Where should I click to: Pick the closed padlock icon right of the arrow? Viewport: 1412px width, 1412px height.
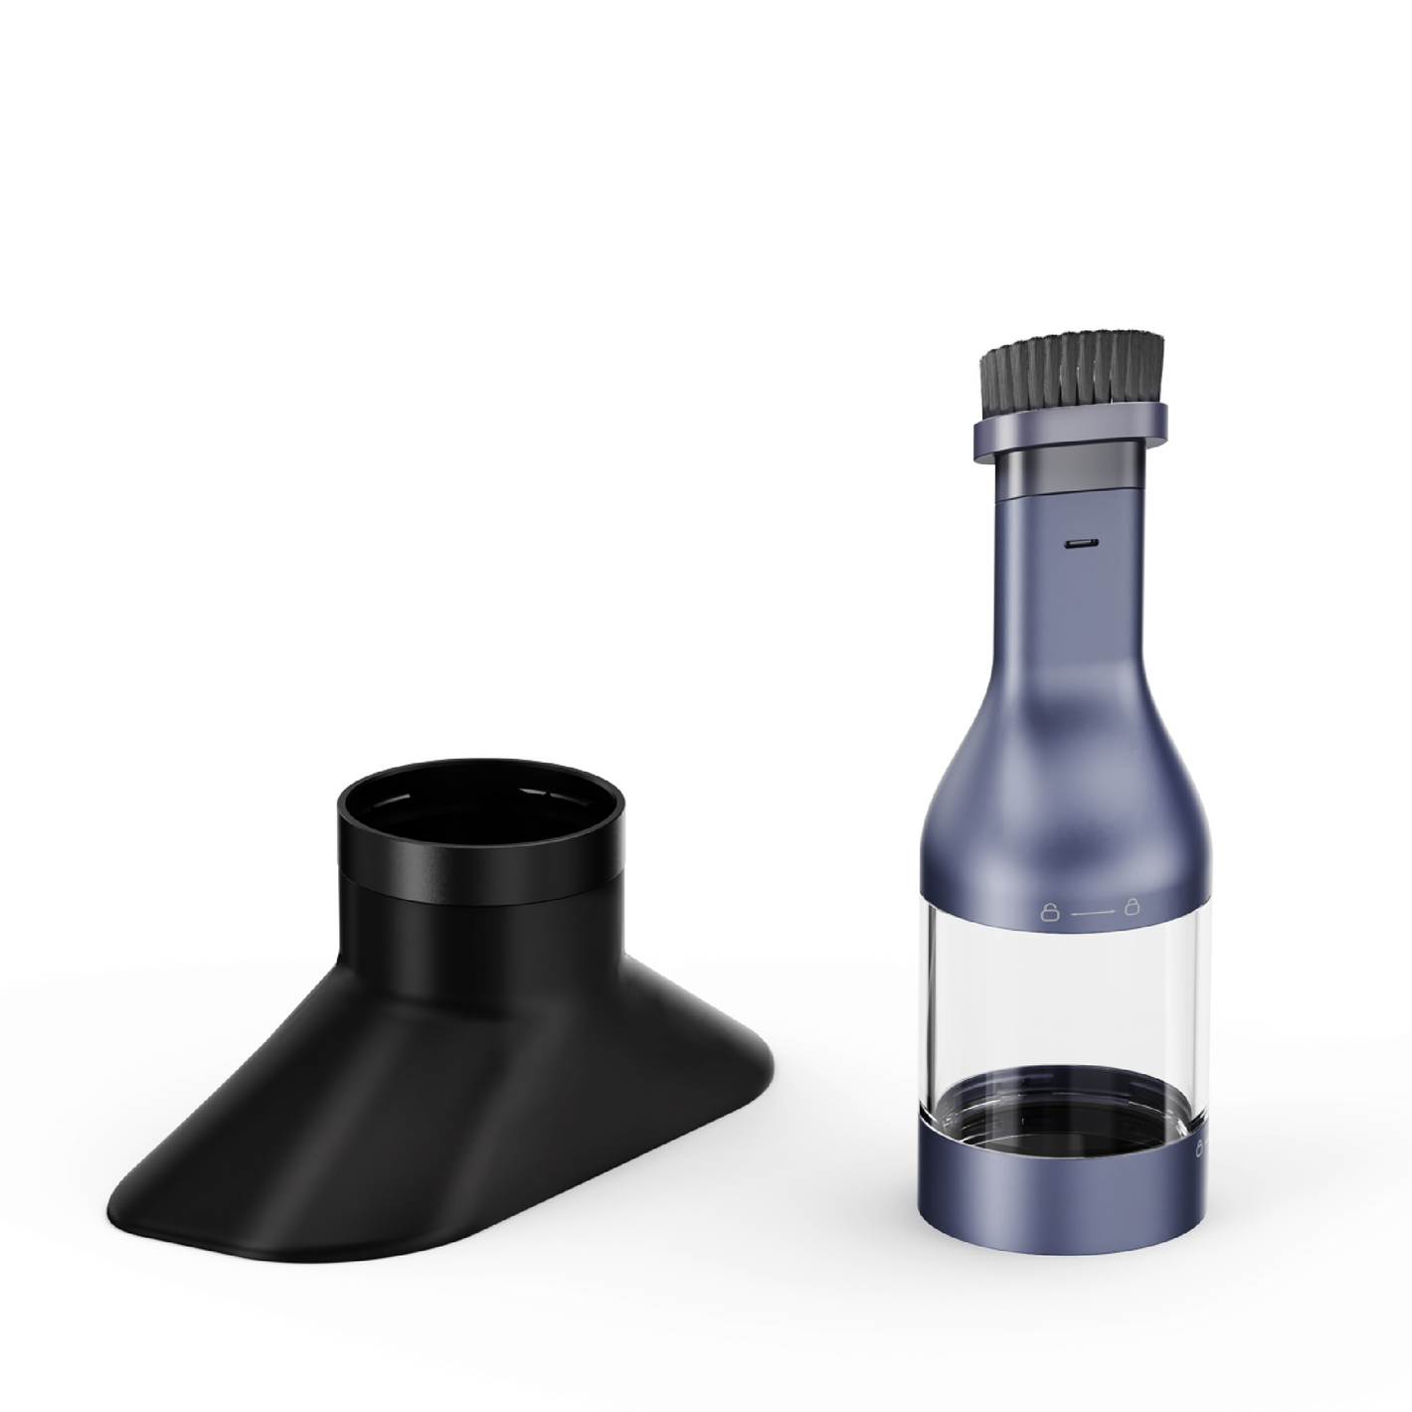tap(1131, 906)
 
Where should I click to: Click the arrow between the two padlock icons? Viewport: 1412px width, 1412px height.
tap(1089, 908)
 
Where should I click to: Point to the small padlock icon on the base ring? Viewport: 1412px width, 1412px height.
tap(1199, 1150)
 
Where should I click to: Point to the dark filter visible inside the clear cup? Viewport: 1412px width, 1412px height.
tap(1066, 1104)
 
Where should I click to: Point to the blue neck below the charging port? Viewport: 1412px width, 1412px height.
tap(1079, 617)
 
